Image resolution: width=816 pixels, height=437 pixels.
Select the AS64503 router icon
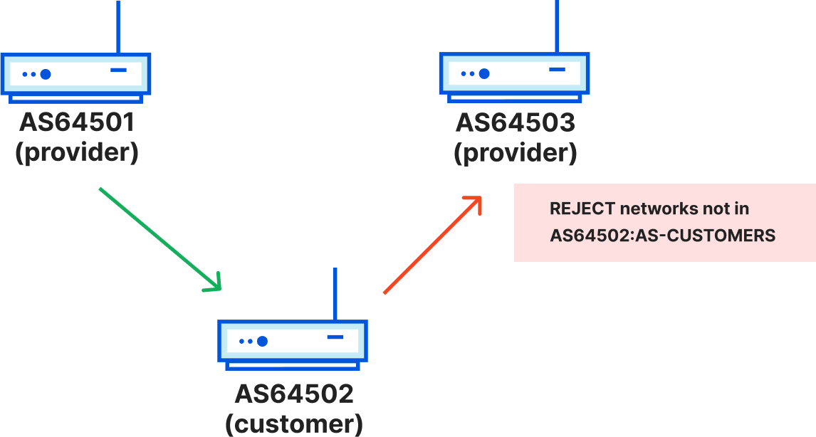pos(514,75)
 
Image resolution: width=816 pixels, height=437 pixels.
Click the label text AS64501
pos(77,122)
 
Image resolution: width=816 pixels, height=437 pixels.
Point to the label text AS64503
pos(515,122)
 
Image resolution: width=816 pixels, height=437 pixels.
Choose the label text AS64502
pos(293,394)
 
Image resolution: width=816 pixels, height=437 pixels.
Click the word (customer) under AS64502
pos(293,423)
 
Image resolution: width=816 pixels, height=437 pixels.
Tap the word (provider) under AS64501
pos(77,153)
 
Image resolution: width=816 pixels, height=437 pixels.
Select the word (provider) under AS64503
pos(515,153)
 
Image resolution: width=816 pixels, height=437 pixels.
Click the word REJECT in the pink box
pos(582,209)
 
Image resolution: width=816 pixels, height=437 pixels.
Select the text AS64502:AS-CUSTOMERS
pos(662,236)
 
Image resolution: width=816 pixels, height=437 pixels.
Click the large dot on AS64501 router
pos(46,74)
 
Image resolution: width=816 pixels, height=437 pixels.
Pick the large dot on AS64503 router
pos(484,73)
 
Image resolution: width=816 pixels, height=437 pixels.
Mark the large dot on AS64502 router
pos(262,342)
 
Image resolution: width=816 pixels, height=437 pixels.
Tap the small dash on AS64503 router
pos(557,70)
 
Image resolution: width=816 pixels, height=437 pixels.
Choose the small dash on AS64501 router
pos(118,70)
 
